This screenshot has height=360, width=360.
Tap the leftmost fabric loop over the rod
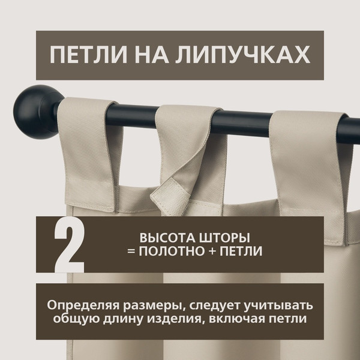click(90, 150)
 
